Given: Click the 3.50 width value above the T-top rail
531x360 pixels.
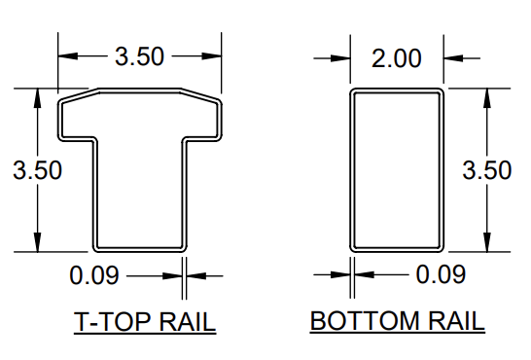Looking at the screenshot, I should [139, 57].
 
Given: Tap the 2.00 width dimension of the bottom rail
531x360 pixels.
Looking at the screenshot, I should [397, 58].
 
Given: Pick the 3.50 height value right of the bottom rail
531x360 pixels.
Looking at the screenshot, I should [486, 170].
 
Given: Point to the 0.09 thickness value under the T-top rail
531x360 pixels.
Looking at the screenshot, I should [94, 275].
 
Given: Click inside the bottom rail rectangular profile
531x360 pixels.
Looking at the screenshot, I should [397, 170].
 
